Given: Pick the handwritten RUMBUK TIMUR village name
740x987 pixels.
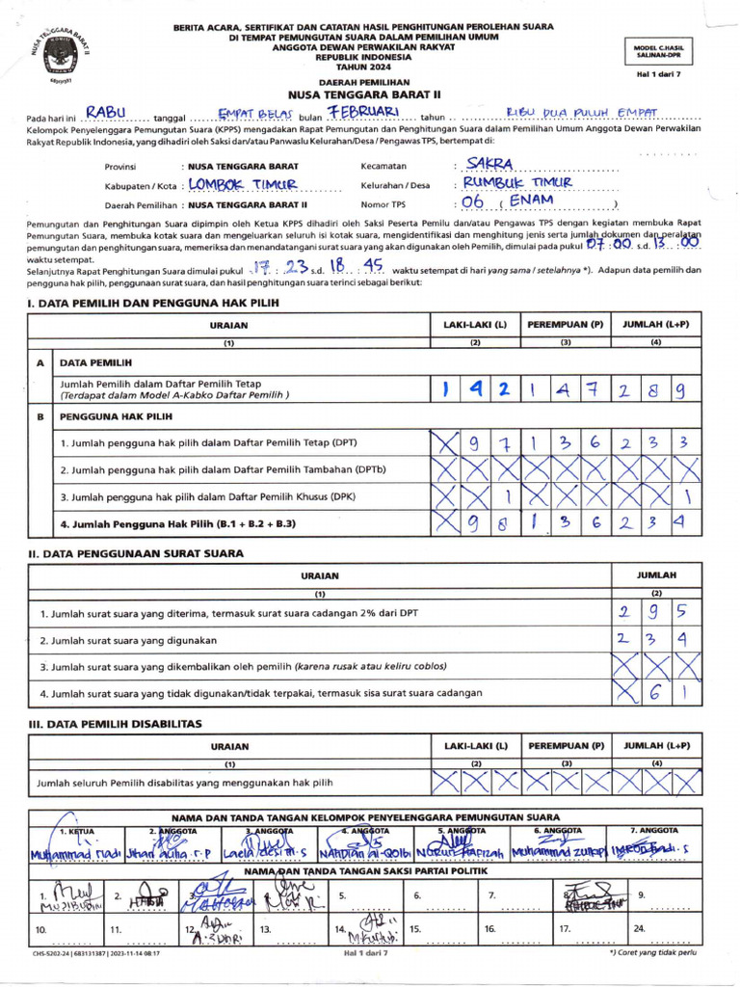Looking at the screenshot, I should (x=517, y=183).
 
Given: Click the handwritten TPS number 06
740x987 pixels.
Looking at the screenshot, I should (x=472, y=202).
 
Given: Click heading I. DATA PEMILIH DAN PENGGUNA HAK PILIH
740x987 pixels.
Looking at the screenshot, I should (x=152, y=303).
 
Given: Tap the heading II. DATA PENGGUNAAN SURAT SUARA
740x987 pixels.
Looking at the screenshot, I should (x=135, y=553).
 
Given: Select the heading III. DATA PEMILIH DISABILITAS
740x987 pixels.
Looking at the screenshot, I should (x=114, y=723).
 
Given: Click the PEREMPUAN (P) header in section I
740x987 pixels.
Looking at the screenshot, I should (x=565, y=325).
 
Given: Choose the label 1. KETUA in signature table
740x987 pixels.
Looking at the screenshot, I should (x=77, y=830).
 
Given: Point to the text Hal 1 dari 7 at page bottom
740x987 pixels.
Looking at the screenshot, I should (x=365, y=952).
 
